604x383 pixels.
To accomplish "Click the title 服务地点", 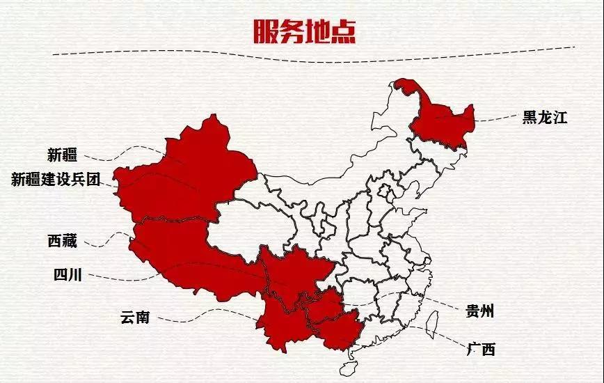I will (x=301, y=31).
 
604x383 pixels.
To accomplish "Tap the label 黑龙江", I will (x=545, y=118).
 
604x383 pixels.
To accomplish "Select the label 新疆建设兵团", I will (x=56, y=180).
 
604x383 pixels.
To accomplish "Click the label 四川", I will (x=67, y=275).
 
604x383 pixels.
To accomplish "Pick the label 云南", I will (x=134, y=318).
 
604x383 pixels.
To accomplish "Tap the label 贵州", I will (x=479, y=311).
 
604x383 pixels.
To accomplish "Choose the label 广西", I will (x=481, y=349).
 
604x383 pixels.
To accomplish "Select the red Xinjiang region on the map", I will (x=184, y=174).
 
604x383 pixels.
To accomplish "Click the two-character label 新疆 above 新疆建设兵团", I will (x=62, y=155).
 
